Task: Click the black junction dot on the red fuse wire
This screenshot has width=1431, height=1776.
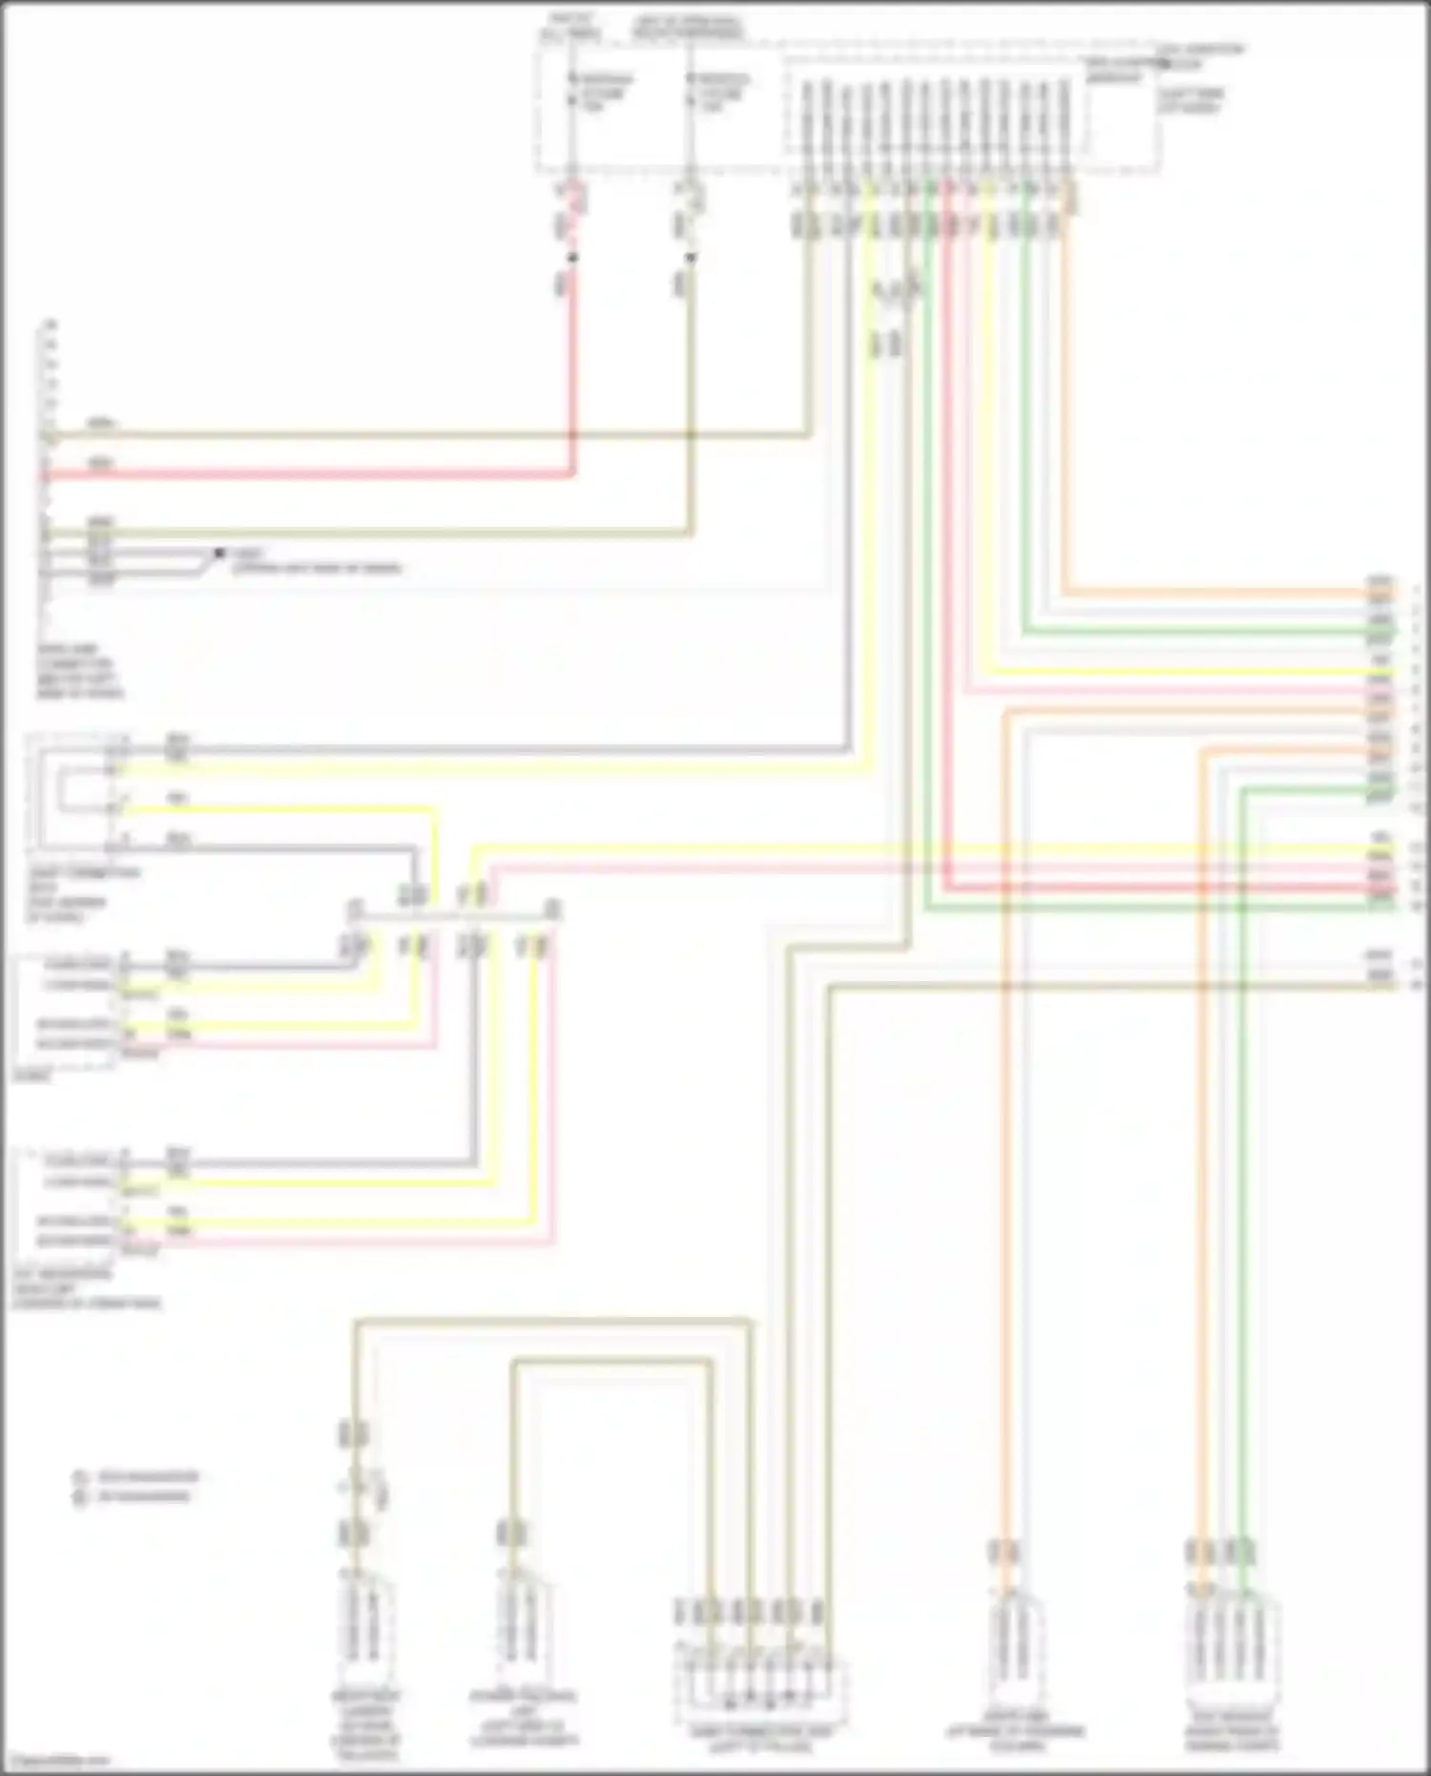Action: (x=572, y=258)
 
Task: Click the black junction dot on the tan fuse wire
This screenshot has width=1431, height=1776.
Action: (x=691, y=258)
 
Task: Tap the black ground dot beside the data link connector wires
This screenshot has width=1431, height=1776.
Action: (x=218, y=553)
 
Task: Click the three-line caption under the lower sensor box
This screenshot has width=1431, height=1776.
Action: (x=86, y=1288)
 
